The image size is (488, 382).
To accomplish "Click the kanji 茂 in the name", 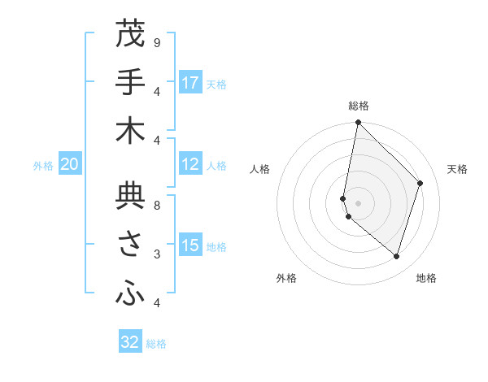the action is [130, 35].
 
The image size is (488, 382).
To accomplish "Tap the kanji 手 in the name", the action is [130, 83].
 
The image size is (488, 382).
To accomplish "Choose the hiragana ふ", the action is [130, 294].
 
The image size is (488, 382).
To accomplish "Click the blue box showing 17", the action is [190, 83].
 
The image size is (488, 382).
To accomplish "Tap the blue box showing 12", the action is [190, 164].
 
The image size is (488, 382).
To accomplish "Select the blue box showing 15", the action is [190, 246].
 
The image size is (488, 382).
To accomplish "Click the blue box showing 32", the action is [130, 342].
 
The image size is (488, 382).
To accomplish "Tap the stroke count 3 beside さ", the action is [156, 254].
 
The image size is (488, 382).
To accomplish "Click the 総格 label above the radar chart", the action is [359, 106].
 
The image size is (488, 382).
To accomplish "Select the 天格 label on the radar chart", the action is [457, 169].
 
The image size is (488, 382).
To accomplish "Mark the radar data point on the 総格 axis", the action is [358, 123].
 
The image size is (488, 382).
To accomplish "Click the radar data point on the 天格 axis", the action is [420, 183].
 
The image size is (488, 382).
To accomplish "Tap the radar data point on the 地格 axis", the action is [396, 256].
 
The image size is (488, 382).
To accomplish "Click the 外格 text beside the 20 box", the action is [43, 166].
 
